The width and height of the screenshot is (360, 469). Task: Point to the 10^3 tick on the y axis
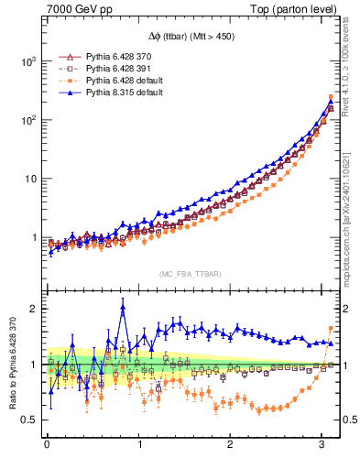coord(27,60)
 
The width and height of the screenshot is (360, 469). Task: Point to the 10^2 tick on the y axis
coord(27,120)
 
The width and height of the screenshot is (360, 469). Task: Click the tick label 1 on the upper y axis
coord(33,238)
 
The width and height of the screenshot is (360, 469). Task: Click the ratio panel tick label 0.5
coord(29,420)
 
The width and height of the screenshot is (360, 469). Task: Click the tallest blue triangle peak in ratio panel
coord(122,308)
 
